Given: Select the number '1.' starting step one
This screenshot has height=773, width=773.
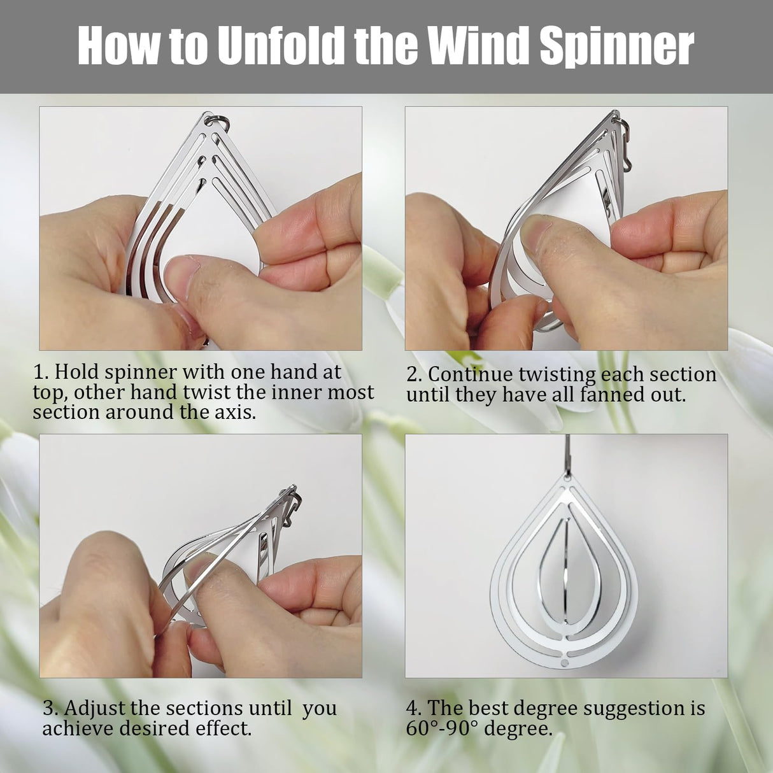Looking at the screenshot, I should coord(41,372).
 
